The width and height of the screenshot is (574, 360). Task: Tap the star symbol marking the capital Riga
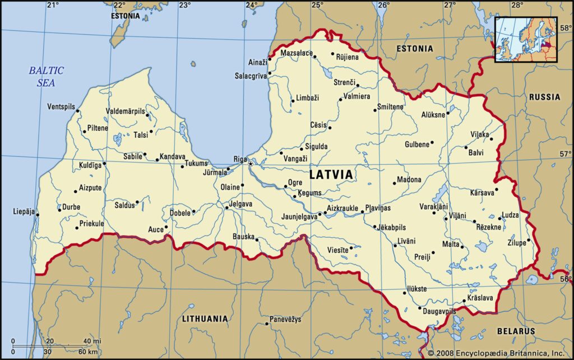pos(251,164)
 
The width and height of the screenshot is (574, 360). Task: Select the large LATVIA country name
pos(331,174)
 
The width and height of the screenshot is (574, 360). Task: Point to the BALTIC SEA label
pos(47,76)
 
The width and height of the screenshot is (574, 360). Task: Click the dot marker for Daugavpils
pos(420,308)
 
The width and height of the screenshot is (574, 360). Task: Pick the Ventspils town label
pos(61,107)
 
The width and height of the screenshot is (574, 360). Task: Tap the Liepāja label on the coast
pos(24,212)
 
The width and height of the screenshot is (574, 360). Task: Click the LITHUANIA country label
pos(205,319)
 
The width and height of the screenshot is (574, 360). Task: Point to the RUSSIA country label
pos(544,97)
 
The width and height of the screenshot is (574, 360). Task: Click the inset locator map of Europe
pos(526,39)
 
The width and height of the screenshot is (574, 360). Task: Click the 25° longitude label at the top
pos(318,5)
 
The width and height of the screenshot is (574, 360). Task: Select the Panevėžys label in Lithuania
pos(285,319)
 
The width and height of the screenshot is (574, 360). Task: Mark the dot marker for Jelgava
pos(227,207)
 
